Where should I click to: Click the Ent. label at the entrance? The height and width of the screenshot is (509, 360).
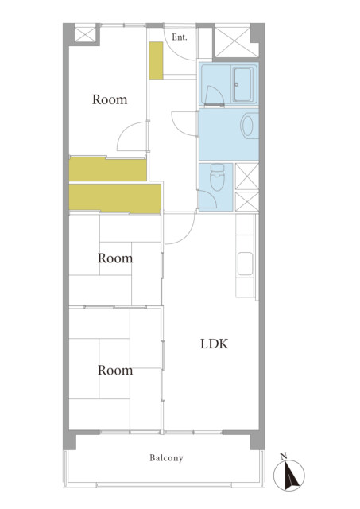[x=180, y=37]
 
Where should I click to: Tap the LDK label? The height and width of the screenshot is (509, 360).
[x=214, y=344]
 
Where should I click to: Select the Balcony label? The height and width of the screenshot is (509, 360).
[x=166, y=458]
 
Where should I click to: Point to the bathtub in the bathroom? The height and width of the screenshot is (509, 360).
[x=243, y=84]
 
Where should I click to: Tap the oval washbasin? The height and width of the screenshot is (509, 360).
[x=247, y=126]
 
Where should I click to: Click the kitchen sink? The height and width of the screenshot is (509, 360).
[x=246, y=264]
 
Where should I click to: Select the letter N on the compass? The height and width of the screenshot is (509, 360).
[x=284, y=457]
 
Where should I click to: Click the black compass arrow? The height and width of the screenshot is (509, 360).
[x=291, y=475]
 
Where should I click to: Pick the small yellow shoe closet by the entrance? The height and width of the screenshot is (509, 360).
[x=156, y=60]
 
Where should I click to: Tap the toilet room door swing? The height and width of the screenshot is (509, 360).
[x=207, y=199]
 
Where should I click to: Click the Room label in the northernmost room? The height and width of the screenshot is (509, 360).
[x=110, y=99]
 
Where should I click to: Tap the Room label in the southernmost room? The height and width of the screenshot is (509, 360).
[x=115, y=371]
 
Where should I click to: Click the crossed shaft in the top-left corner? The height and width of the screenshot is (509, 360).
[x=85, y=34]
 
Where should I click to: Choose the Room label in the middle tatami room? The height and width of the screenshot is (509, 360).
[x=115, y=258]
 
